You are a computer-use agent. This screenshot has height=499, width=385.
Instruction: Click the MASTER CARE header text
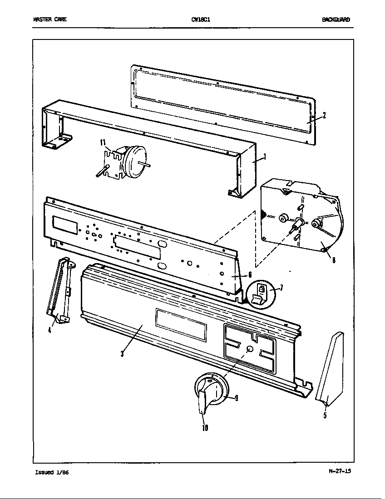49,20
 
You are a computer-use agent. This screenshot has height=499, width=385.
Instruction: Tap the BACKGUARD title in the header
336,20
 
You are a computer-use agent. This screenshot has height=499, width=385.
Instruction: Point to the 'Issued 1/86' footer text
51,472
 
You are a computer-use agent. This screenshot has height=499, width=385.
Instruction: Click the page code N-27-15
340,470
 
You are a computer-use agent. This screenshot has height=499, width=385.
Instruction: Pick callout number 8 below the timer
334,260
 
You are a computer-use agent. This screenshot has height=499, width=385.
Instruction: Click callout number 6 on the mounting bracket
249,275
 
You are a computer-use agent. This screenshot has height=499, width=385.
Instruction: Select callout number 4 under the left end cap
49,330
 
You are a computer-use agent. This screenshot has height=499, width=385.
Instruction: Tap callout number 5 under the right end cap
325,415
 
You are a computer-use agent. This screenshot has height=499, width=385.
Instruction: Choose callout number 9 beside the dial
237,399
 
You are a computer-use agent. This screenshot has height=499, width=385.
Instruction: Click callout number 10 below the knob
205,427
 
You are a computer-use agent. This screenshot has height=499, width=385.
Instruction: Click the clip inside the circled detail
261,294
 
